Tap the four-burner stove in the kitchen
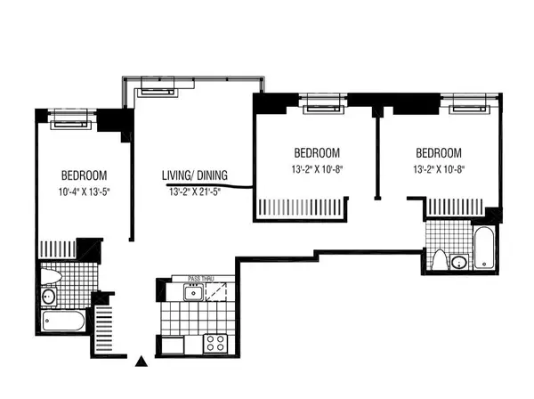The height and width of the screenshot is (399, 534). (214, 343)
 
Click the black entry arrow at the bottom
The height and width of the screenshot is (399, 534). (141, 362)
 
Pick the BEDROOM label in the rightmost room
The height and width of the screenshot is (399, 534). (439, 152)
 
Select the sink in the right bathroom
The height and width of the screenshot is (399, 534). (457, 261)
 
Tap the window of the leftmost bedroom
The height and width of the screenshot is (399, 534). (70, 119)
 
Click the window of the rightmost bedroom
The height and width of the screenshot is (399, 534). (472, 104)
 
